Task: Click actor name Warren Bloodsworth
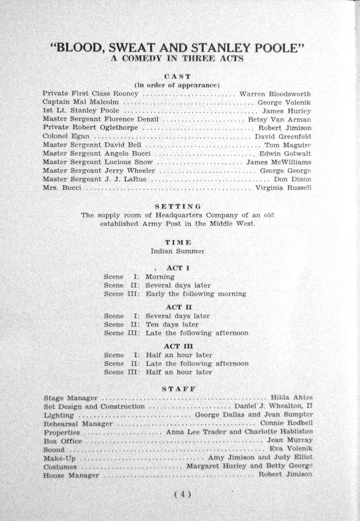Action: tap(275, 94)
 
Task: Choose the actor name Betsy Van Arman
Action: tap(279, 120)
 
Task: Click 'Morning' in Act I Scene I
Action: tap(160, 277)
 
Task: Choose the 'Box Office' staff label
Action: tap(63, 441)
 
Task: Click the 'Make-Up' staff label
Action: tap(59, 458)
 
